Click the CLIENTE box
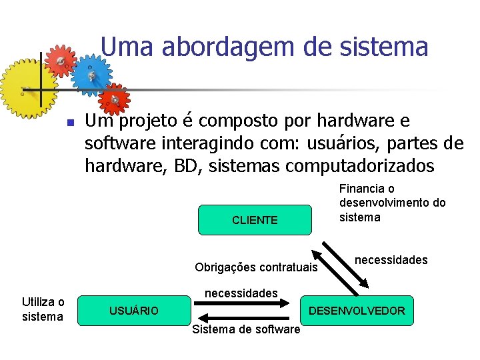click(x=255, y=220)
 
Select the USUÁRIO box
click(x=134, y=311)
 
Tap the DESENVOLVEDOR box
click(x=356, y=311)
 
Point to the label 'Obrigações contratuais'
click(x=256, y=267)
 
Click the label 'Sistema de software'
click(x=245, y=330)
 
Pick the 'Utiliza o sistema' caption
click(x=43, y=309)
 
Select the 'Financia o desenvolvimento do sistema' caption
click(x=392, y=203)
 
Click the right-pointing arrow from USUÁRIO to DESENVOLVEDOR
click(x=242, y=303)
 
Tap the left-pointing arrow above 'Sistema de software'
click(x=242, y=318)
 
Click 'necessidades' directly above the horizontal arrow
click(x=241, y=293)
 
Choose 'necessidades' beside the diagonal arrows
click(x=391, y=260)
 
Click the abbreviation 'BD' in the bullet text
click(x=189, y=165)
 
